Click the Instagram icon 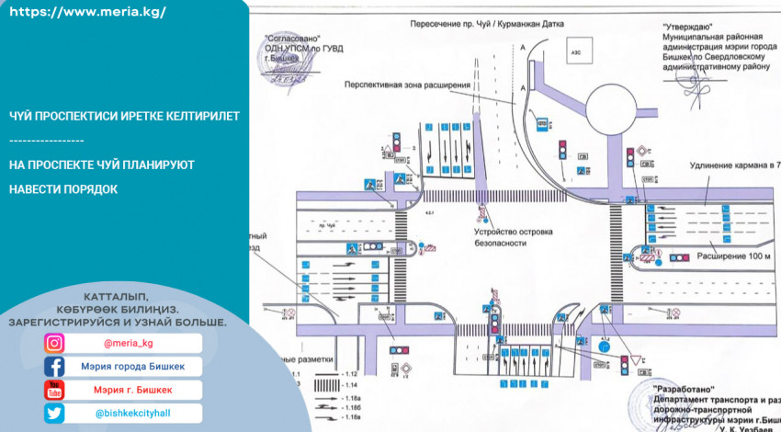(55, 344)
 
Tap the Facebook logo (55, 367)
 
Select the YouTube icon (55, 390)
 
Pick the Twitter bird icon (55, 414)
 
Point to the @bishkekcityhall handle (133, 414)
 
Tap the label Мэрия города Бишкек (133, 367)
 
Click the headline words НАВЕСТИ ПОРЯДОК (63, 188)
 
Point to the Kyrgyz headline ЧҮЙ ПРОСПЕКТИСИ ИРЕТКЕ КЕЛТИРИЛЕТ (124, 117)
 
